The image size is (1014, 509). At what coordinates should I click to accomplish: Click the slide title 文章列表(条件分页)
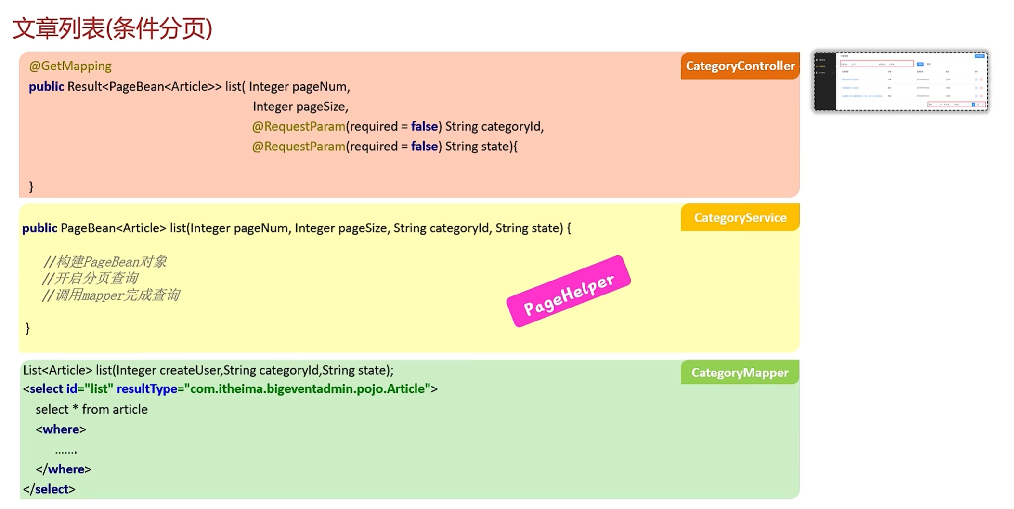click(112, 28)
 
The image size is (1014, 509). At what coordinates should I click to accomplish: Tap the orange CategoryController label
click(740, 66)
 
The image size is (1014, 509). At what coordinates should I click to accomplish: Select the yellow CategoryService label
click(740, 218)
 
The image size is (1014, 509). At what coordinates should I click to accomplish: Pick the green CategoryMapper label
click(740, 373)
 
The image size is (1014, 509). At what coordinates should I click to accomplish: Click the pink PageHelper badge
click(568, 292)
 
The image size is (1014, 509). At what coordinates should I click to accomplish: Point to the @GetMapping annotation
click(70, 66)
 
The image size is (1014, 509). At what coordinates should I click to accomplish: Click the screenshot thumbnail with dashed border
click(900, 81)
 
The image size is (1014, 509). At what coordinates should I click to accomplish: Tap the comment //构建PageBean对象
click(104, 262)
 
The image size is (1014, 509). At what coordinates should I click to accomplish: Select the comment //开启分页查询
click(90, 278)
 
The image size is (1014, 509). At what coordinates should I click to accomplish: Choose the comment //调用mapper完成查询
click(111, 295)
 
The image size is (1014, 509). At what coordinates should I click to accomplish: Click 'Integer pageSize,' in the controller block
click(300, 107)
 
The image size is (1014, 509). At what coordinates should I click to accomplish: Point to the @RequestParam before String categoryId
click(299, 127)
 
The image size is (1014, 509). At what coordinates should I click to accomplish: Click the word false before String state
click(424, 147)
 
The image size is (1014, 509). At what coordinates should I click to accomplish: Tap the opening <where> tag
click(61, 429)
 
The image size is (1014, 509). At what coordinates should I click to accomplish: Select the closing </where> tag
click(63, 469)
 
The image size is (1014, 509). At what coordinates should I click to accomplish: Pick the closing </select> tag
click(49, 489)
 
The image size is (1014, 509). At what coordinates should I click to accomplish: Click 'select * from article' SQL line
click(91, 409)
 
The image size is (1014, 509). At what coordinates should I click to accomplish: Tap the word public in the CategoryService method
click(39, 228)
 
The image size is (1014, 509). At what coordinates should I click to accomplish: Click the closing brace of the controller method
click(31, 187)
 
